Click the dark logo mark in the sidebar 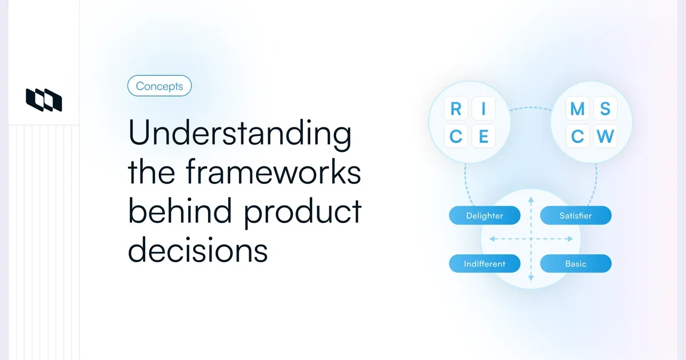pos(44,99)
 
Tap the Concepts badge pos(159,86)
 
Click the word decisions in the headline pos(198,250)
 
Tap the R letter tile pos(456,109)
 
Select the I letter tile pos(483,109)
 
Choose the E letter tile pos(483,137)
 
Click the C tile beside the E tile pos(456,137)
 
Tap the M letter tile pos(577,109)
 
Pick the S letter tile pos(605,109)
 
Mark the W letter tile pos(605,137)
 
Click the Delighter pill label pos(485,216)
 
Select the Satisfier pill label pos(576,216)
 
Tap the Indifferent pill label pos(485,264)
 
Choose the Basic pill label pos(576,264)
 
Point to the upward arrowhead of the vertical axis pos(531,200)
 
